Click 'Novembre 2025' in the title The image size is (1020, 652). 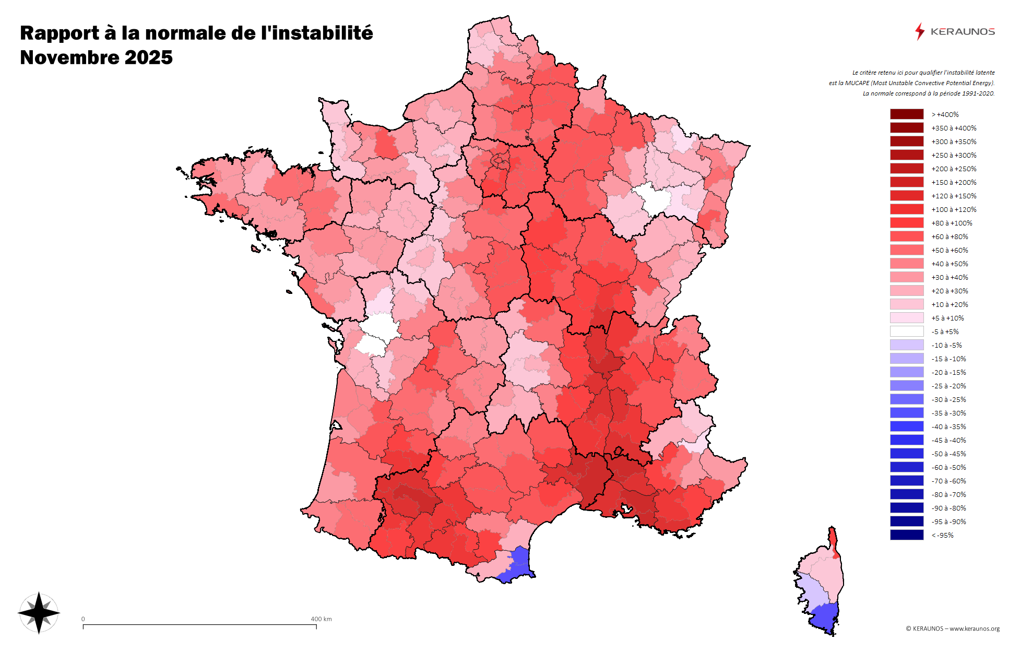[96, 57]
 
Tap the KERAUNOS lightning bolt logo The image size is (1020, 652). [919, 31]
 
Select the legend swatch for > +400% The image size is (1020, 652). [907, 114]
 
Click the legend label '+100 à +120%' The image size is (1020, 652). [954, 209]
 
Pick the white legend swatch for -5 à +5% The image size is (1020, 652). [907, 331]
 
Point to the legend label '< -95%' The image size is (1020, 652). [942, 535]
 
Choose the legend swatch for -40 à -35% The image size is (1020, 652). [907, 426]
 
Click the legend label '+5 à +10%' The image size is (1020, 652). [947, 318]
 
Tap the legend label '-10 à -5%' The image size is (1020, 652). [946, 345]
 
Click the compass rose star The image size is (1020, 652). [39, 613]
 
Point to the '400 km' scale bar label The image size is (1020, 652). [321, 619]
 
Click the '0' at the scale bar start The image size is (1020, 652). [83, 619]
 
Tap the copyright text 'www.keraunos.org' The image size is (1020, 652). [974, 629]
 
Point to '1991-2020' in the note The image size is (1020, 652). [980, 93]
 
